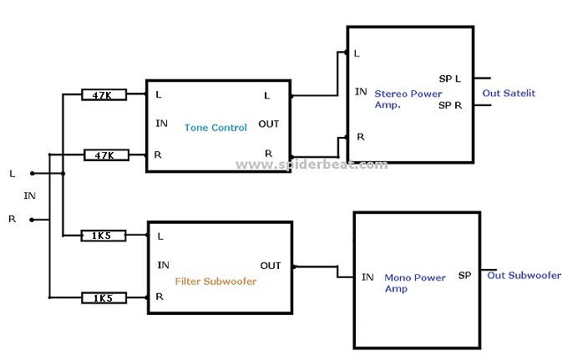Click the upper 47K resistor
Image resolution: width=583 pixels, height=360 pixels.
104,95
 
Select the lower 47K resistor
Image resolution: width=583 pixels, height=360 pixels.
104,155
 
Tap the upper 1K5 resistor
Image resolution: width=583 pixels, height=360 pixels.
104,236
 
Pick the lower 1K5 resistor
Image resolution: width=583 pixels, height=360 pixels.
104,297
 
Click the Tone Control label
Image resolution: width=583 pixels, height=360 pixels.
216,128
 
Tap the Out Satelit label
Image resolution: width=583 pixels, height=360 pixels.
509,93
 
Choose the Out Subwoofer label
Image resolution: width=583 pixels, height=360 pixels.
524,275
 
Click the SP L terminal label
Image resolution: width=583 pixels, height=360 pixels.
449,79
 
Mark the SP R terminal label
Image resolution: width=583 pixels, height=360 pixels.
449,106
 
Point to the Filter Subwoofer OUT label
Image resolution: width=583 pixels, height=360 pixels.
271,266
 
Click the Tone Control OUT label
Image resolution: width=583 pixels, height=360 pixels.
269,124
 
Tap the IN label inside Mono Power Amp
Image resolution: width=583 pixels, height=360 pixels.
368,277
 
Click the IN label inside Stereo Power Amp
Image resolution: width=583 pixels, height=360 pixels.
361,92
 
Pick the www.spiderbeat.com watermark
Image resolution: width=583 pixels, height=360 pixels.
312,165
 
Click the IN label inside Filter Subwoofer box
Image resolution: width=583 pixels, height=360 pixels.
164,266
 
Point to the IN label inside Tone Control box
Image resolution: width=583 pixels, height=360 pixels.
162,124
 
